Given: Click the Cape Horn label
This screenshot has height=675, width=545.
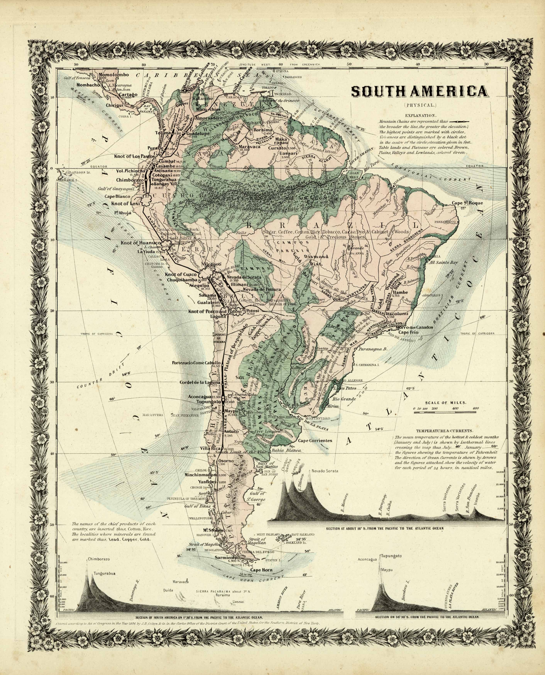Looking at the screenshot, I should (x=261, y=570).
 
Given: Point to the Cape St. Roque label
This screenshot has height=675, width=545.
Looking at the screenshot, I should (x=467, y=203).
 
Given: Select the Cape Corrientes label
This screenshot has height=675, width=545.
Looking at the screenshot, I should (x=315, y=440).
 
